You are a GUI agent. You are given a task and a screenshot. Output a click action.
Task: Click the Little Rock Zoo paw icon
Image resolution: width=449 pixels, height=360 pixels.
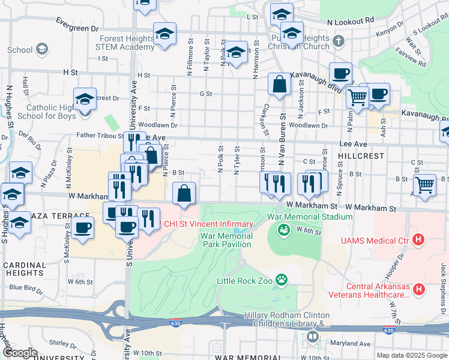[280, 279]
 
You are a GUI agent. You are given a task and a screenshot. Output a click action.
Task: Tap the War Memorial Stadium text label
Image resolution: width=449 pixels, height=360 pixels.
[309, 217]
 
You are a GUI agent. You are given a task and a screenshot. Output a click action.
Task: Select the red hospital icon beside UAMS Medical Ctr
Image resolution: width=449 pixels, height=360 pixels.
[419, 241]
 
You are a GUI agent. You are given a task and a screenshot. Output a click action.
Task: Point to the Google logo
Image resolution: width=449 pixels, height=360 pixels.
[20, 353]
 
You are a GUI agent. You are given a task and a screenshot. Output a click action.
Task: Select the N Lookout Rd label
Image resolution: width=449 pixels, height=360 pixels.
[351, 20]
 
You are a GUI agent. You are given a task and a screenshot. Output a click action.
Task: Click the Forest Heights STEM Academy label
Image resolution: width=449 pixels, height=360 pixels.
[122, 43]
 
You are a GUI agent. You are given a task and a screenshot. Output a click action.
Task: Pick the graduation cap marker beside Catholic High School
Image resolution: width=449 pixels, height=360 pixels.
[85, 98]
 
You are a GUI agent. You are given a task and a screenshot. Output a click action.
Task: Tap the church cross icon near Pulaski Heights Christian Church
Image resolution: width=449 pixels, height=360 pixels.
[339, 41]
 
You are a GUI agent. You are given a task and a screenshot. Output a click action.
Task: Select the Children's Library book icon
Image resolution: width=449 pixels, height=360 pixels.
[312, 337]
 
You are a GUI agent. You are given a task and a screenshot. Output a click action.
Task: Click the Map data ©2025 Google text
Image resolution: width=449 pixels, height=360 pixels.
[412, 355]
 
